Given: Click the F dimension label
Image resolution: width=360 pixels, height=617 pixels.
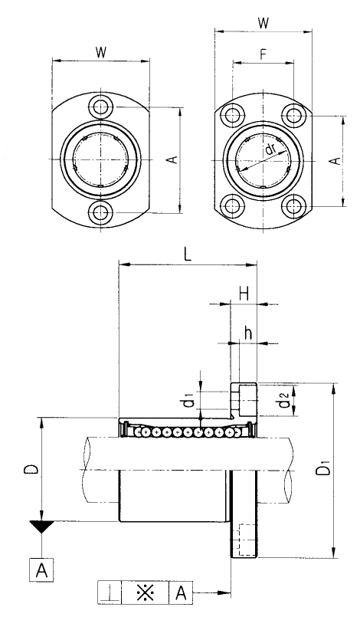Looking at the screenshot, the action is tap(263, 54).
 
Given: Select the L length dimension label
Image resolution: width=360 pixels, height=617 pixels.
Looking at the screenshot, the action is tap(188, 255).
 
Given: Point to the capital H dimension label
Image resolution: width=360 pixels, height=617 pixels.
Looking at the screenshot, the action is tap(244, 294).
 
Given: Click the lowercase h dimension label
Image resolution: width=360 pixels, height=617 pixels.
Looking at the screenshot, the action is tap(248, 333).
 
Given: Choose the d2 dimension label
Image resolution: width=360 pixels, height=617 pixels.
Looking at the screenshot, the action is tap(286, 401).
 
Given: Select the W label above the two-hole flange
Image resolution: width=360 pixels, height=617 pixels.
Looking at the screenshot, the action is tap(101, 52).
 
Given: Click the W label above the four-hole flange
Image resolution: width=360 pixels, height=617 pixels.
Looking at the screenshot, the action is tap(263, 23).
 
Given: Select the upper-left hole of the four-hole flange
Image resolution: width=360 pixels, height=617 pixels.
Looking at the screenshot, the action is tap(233, 115).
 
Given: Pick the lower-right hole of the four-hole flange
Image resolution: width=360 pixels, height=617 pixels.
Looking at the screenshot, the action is tap(293, 205).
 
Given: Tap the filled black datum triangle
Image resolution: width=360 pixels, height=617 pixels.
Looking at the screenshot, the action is tap(41, 526).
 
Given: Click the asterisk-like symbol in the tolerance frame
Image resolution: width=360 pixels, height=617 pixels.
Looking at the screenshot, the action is tap(145, 592).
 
